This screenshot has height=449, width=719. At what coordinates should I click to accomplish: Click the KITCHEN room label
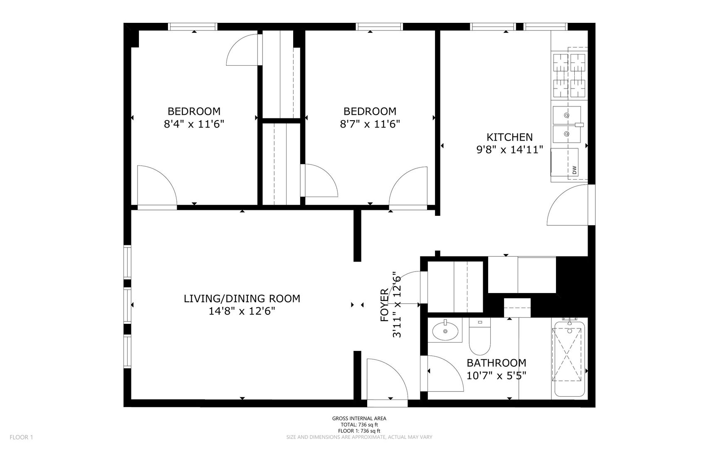pos(509,137)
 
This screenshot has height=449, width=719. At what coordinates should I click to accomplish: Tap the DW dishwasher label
pos(574,170)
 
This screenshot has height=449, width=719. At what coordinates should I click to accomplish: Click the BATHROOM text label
pos(497,363)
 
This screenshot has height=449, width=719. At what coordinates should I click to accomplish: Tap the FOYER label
pos(384,305)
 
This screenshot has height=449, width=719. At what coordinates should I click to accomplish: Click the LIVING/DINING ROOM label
pos(242,299)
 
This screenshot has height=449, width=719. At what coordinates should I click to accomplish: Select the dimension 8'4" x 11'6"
pos(194,124)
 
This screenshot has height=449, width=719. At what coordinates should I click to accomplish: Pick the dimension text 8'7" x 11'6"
pos(370,124)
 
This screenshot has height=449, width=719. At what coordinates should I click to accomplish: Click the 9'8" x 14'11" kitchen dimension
pos(510,150)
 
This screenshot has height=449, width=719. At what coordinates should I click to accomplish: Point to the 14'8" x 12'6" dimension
pos(242,311)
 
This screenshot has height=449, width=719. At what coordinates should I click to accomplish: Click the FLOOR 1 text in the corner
pos(21,437)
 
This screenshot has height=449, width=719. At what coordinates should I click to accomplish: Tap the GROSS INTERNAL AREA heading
pos(359,419)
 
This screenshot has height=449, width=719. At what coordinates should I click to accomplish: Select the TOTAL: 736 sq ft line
pos(359,425)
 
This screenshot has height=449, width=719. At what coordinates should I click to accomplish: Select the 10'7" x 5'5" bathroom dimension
pos(497,376)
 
